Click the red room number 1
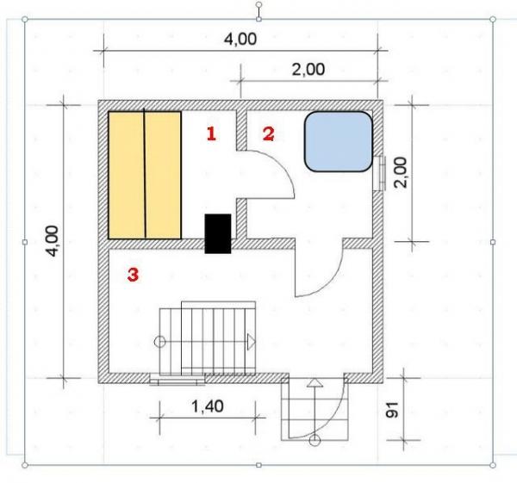(x=210, y=133)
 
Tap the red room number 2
(x=268, y=133)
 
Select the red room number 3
(x=133, y=275)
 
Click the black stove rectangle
(x=217, y=233)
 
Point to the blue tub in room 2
(x=339, y=143)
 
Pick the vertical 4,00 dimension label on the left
(x=54, y=241)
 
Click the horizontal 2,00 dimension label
(x=308, y=71)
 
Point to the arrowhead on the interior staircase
(x=252, y=341)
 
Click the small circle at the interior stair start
(x=159, y=342)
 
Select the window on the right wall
(x=380, y=170)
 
